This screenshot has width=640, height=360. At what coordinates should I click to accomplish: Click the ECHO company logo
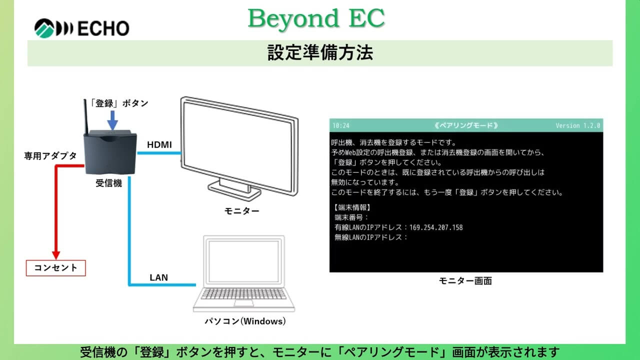[81, 28]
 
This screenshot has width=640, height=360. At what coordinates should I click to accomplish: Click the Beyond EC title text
[316, 18]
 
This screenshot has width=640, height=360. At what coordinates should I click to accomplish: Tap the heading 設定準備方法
[320, 53]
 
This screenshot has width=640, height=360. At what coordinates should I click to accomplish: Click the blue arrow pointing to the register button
[112, 120]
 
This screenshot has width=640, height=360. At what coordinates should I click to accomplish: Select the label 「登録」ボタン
[119, 103]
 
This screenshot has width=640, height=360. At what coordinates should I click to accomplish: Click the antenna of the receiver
[85, 117]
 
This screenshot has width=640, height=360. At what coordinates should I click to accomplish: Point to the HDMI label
[159, 144]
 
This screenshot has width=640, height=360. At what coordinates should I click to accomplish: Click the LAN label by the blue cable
[159, 277]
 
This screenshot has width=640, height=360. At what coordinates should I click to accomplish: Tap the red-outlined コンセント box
[55, 268]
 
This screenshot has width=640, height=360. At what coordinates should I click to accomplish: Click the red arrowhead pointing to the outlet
[56, 255]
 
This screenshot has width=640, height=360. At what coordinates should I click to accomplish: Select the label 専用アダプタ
[50, 155]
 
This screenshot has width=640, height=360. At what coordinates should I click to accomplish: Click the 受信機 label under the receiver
[108, 183]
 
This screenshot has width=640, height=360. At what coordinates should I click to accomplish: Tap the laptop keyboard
[243, 294]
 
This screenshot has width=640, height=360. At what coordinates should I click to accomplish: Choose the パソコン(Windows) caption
[245, 321]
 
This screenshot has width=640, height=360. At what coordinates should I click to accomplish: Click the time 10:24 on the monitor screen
[341, 125]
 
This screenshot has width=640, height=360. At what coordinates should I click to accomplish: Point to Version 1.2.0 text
[577, 125]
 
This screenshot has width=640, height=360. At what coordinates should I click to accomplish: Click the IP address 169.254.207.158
[436, 227]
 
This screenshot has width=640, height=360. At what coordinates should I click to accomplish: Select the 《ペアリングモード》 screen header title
[466, 125]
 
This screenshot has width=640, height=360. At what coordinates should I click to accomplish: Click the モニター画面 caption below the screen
[465, 281]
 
